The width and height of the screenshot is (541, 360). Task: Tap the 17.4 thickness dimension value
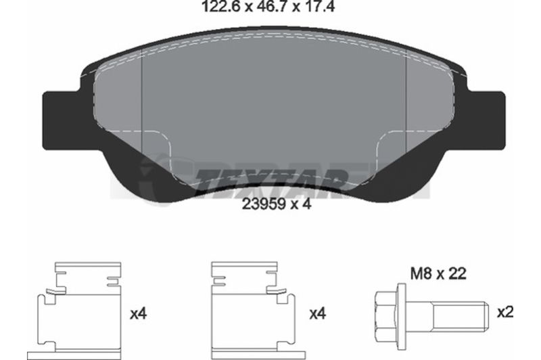[x=319, y=6]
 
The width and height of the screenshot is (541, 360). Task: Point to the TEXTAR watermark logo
[x=269, y=179]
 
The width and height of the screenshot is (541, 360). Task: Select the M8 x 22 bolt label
[x=438, y=274]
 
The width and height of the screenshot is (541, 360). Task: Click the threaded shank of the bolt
[x=459, y=315]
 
